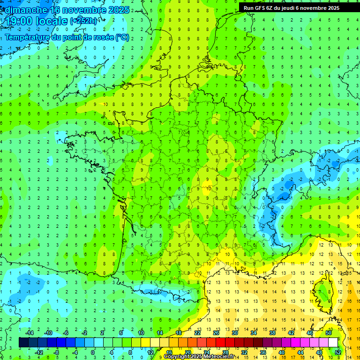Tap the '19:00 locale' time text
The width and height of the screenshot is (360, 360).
pos(36,21)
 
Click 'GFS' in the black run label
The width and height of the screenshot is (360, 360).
pos(260,7)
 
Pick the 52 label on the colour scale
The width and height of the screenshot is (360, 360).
pos(337,352)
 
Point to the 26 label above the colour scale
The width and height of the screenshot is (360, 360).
pos(216,333)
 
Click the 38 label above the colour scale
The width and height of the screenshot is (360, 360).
pos(272,333)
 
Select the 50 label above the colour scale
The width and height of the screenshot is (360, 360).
pos(329,333)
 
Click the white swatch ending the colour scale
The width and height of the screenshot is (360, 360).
pos(333,343)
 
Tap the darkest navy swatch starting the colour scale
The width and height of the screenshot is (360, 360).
pos(23,343)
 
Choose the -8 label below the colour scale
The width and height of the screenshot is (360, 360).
pos(56,352)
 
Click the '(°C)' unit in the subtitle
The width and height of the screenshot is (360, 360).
pos(122,37)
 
